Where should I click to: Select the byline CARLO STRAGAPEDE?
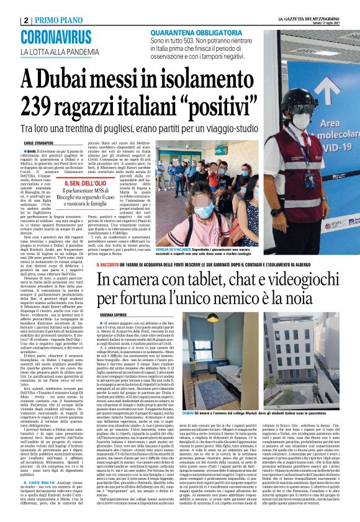(40, 143)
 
